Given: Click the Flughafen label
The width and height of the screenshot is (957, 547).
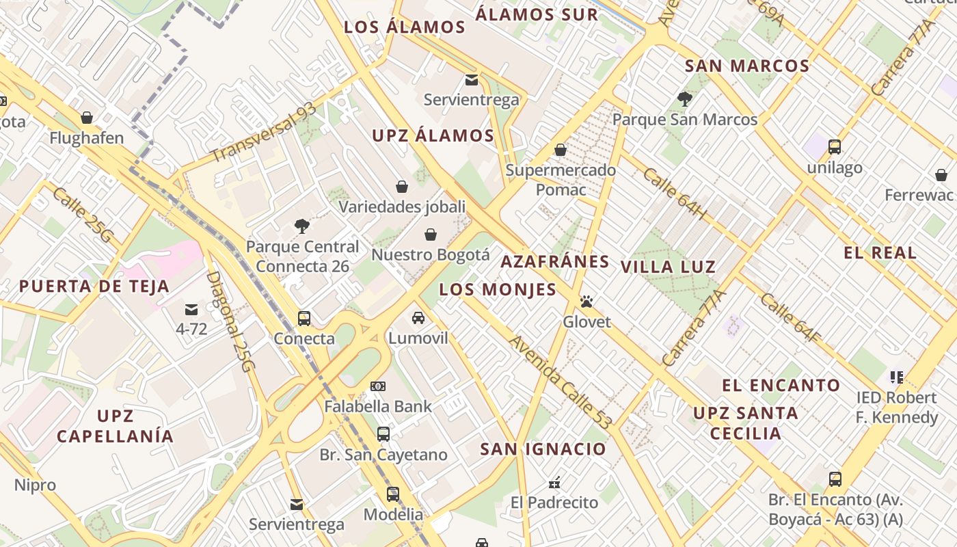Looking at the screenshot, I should tap(86, 138).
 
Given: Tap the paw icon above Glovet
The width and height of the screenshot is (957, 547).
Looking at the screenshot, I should tap(586, 301).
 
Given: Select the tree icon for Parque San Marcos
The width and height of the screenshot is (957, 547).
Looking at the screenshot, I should tap(684, 99).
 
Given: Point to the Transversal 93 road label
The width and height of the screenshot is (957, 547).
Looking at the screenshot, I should tap(264, 133).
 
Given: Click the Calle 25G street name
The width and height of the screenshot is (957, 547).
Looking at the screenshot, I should tap(82, 215).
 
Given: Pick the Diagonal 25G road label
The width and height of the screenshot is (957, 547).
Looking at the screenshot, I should tap(230, 321).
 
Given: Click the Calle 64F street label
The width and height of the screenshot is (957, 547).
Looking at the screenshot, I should tap(790, 318).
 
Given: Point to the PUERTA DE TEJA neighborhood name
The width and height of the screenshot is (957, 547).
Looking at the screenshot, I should tap(94, 286).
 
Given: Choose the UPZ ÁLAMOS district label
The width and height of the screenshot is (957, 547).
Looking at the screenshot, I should tap(433, 135).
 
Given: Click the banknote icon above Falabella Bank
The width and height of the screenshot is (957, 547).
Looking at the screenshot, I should tap(378, 386).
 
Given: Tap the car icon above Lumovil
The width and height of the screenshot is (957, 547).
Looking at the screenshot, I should tap(418, 318).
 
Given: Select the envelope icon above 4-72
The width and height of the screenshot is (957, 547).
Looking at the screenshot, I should tap(191, 309).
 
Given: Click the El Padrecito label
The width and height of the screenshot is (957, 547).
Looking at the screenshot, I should tap(554, 503).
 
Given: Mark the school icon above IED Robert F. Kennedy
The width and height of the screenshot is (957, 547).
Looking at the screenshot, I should tap(896, 377).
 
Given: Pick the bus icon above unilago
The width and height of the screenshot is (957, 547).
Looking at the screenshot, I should tap(834, 146).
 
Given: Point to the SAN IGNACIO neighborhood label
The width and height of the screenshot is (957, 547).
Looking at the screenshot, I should tap(543, 449).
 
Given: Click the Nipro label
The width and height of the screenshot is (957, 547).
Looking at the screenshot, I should tap(35, 485).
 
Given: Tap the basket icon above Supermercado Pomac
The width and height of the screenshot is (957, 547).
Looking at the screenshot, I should tap(561, 150).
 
